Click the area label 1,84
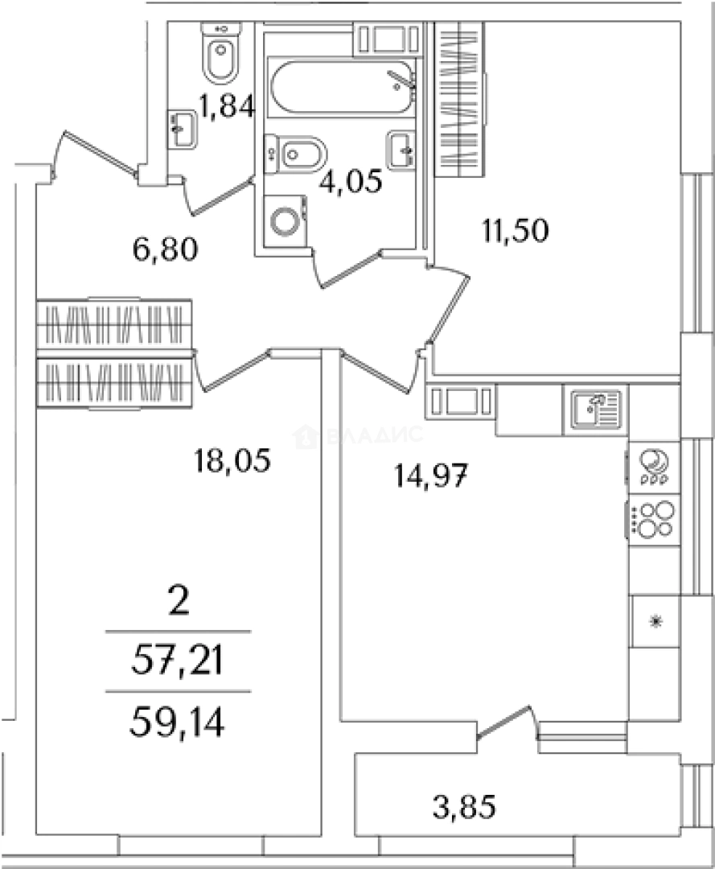click(228, 106)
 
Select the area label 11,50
click(515, 231)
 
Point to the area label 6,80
click(165, 249)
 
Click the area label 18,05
click(232, 460)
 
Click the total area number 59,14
click(177, 723)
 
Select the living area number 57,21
click(177, 661)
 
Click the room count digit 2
click(179, 603)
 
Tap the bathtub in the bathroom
click(342, 87)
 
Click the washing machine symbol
click(286, 220)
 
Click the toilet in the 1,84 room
click(220, 51)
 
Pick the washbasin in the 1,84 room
click(183, 129)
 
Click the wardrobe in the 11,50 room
click(459, 99)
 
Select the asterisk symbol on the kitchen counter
click(655, 621)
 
